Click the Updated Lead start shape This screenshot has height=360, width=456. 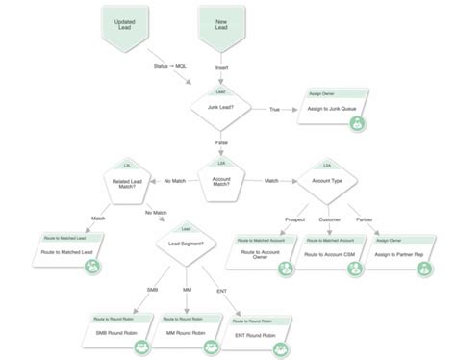coord(124,26)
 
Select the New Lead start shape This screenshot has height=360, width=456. coord(220,26)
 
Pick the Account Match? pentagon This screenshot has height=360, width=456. coord(220,179)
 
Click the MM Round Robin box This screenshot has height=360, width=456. coord(187,329)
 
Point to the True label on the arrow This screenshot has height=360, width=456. coord(274,110)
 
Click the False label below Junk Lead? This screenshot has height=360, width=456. coord(220,142)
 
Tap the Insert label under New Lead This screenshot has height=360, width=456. coord(221,66)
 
